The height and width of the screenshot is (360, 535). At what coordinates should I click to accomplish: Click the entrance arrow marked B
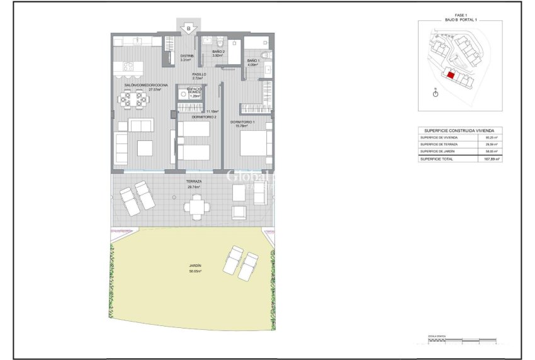click(x=187, y=28)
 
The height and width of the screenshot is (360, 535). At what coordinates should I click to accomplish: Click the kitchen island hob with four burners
click(x=128, y=65)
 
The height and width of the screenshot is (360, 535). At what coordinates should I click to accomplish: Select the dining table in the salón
click(x=132, y=99)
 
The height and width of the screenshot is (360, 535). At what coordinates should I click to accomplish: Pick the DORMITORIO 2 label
click(x=204, y=117)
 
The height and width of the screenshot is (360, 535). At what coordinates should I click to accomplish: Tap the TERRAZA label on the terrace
click(x=194, y=181)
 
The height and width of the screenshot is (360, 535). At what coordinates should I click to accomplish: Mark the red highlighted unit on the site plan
click(x=451, y=74)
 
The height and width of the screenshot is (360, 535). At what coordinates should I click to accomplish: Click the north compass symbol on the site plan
click(x=436, y=93)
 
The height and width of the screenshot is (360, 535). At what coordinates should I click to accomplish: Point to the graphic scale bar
click(x=463, y=343)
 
